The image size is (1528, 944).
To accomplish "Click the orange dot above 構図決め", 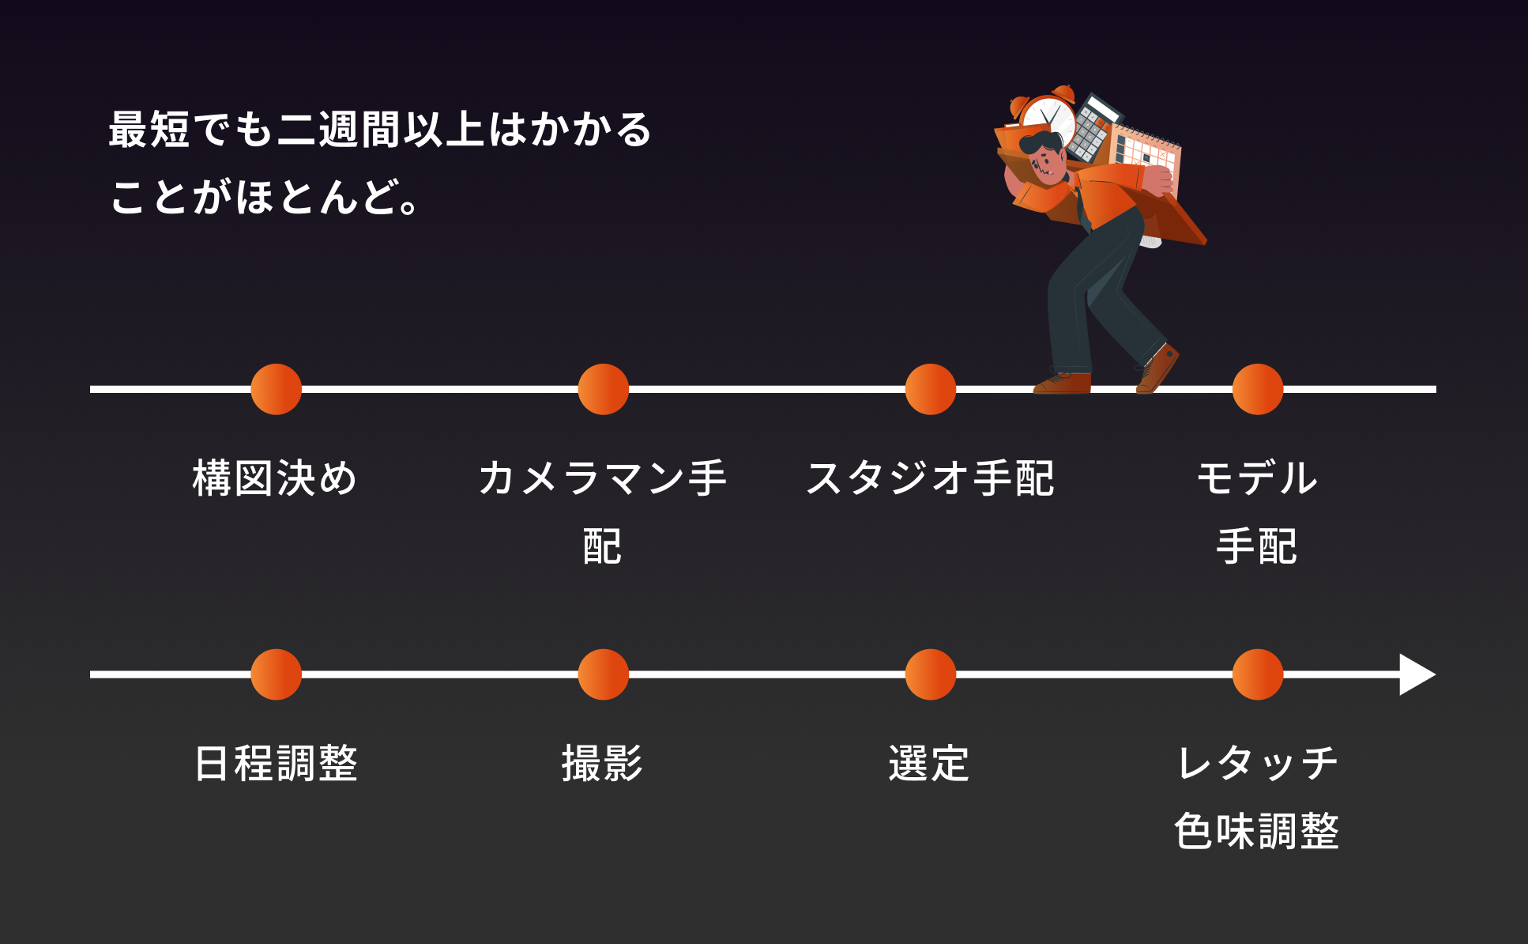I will click(276, 389).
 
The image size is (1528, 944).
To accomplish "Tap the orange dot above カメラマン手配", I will click(603, 389).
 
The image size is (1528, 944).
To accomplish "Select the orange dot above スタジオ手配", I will click(930, 389).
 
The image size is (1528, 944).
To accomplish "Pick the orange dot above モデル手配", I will click(1257, 389).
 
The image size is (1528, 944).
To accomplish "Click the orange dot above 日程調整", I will click(276, 674).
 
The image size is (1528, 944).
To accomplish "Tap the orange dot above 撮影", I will click(603, 674).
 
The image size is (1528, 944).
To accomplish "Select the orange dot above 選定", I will click(930, 674).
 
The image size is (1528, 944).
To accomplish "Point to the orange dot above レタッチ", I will click(1257, 674).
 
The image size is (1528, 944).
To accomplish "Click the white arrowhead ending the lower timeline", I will click(1416, 674).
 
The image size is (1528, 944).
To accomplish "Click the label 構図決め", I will click(275, 478).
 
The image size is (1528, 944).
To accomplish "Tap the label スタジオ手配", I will click(930, 478).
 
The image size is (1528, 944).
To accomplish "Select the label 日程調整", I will click(276, 764).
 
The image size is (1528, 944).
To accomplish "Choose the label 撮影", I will click(602, 764).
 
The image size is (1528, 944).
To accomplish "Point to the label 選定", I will click(929, 764).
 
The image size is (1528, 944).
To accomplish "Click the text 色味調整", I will click(1256, 831).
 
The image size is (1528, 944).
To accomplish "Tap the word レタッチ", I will click(1256, 764).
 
